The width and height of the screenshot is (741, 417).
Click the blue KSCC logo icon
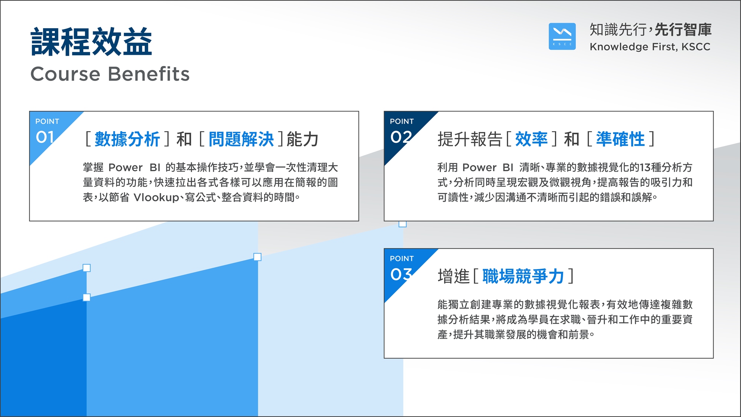(562, 36)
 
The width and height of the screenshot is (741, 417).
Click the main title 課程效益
(92, 42)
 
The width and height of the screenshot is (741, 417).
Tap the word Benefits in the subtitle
(149, 74)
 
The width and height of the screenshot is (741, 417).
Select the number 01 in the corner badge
(45, 137)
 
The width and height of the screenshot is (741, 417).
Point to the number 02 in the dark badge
(401, 137)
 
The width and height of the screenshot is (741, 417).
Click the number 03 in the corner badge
(401, 274)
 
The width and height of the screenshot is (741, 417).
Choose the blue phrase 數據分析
(127, 139)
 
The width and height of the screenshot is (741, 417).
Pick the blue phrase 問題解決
(241, 139)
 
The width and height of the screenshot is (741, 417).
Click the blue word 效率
(531, 139)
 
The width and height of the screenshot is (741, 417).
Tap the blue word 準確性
(620, 139)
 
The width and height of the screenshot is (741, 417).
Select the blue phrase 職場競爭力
(523, 277)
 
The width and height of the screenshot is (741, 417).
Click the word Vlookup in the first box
(156, 198)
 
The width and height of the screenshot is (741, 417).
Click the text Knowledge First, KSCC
(650, 47)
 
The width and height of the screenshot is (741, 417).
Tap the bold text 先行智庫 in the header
(683, 30)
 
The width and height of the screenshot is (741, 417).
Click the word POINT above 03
(402, 258)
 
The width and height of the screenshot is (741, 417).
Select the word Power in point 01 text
(126, 168)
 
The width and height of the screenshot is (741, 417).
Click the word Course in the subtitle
(65, 74)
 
